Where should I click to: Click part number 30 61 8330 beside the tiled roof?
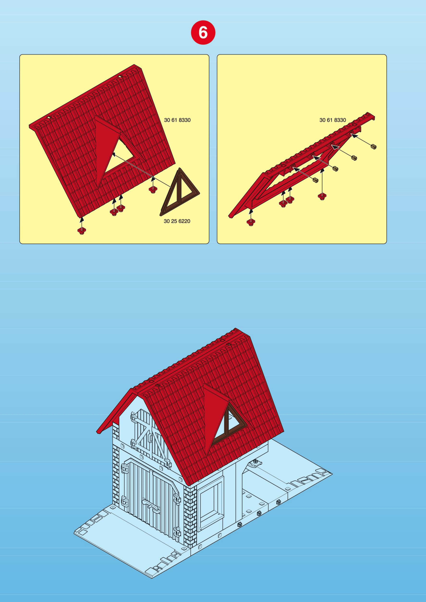click(177, 120)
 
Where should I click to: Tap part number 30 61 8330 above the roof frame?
click(333, 120)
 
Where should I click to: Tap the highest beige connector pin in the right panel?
click(374, 147)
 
